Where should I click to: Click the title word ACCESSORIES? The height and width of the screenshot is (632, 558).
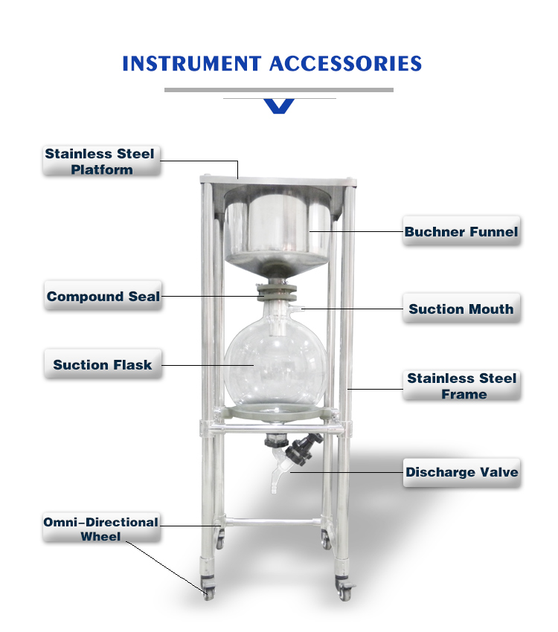[346, 63]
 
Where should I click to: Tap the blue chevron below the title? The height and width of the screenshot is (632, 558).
[279, 106]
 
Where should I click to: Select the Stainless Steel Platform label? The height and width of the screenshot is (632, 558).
[100, 161]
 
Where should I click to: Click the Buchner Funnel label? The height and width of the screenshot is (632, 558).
[461, 231]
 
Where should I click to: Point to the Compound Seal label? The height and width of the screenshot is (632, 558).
[103, 296]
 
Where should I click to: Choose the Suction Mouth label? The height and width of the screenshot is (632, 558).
[461, 309]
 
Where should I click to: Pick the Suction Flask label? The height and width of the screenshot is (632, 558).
[102, 364]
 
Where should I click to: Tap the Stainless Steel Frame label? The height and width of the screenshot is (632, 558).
[461, 386]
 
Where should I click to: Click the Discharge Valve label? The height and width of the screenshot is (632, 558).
[461, 471]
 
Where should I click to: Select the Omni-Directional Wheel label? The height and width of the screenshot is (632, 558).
[100, 529]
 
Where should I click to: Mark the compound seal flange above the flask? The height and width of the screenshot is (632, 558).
[276, 289]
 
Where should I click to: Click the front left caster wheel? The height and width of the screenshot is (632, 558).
[208, 593]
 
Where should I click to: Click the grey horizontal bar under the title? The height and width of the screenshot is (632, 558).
[279, 90]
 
